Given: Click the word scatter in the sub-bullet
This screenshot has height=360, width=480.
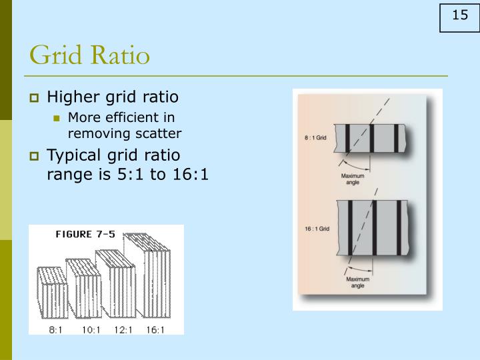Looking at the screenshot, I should tap(157, 133).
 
